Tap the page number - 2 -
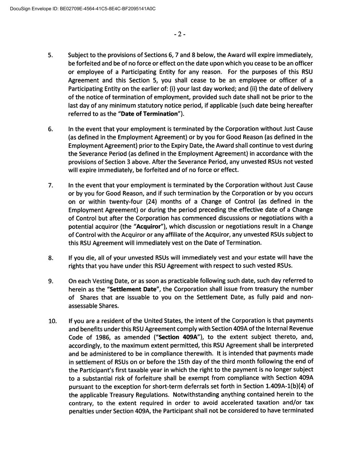point(179,34)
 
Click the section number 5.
point(50,55)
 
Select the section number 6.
point(50,129)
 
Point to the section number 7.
point(50,185)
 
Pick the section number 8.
point(50,258)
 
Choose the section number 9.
point(50,281)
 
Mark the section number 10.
point(52,321)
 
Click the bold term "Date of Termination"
point(149,114)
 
